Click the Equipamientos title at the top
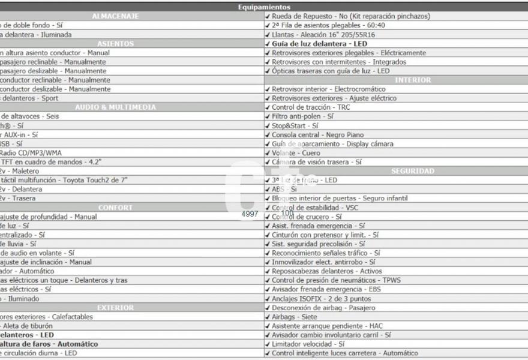pyautogui.click(x=264, y=7)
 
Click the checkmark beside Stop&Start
pyautogui.click(x=268, y=126)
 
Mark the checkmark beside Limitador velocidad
pyautogui.click(x=268, y=344)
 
